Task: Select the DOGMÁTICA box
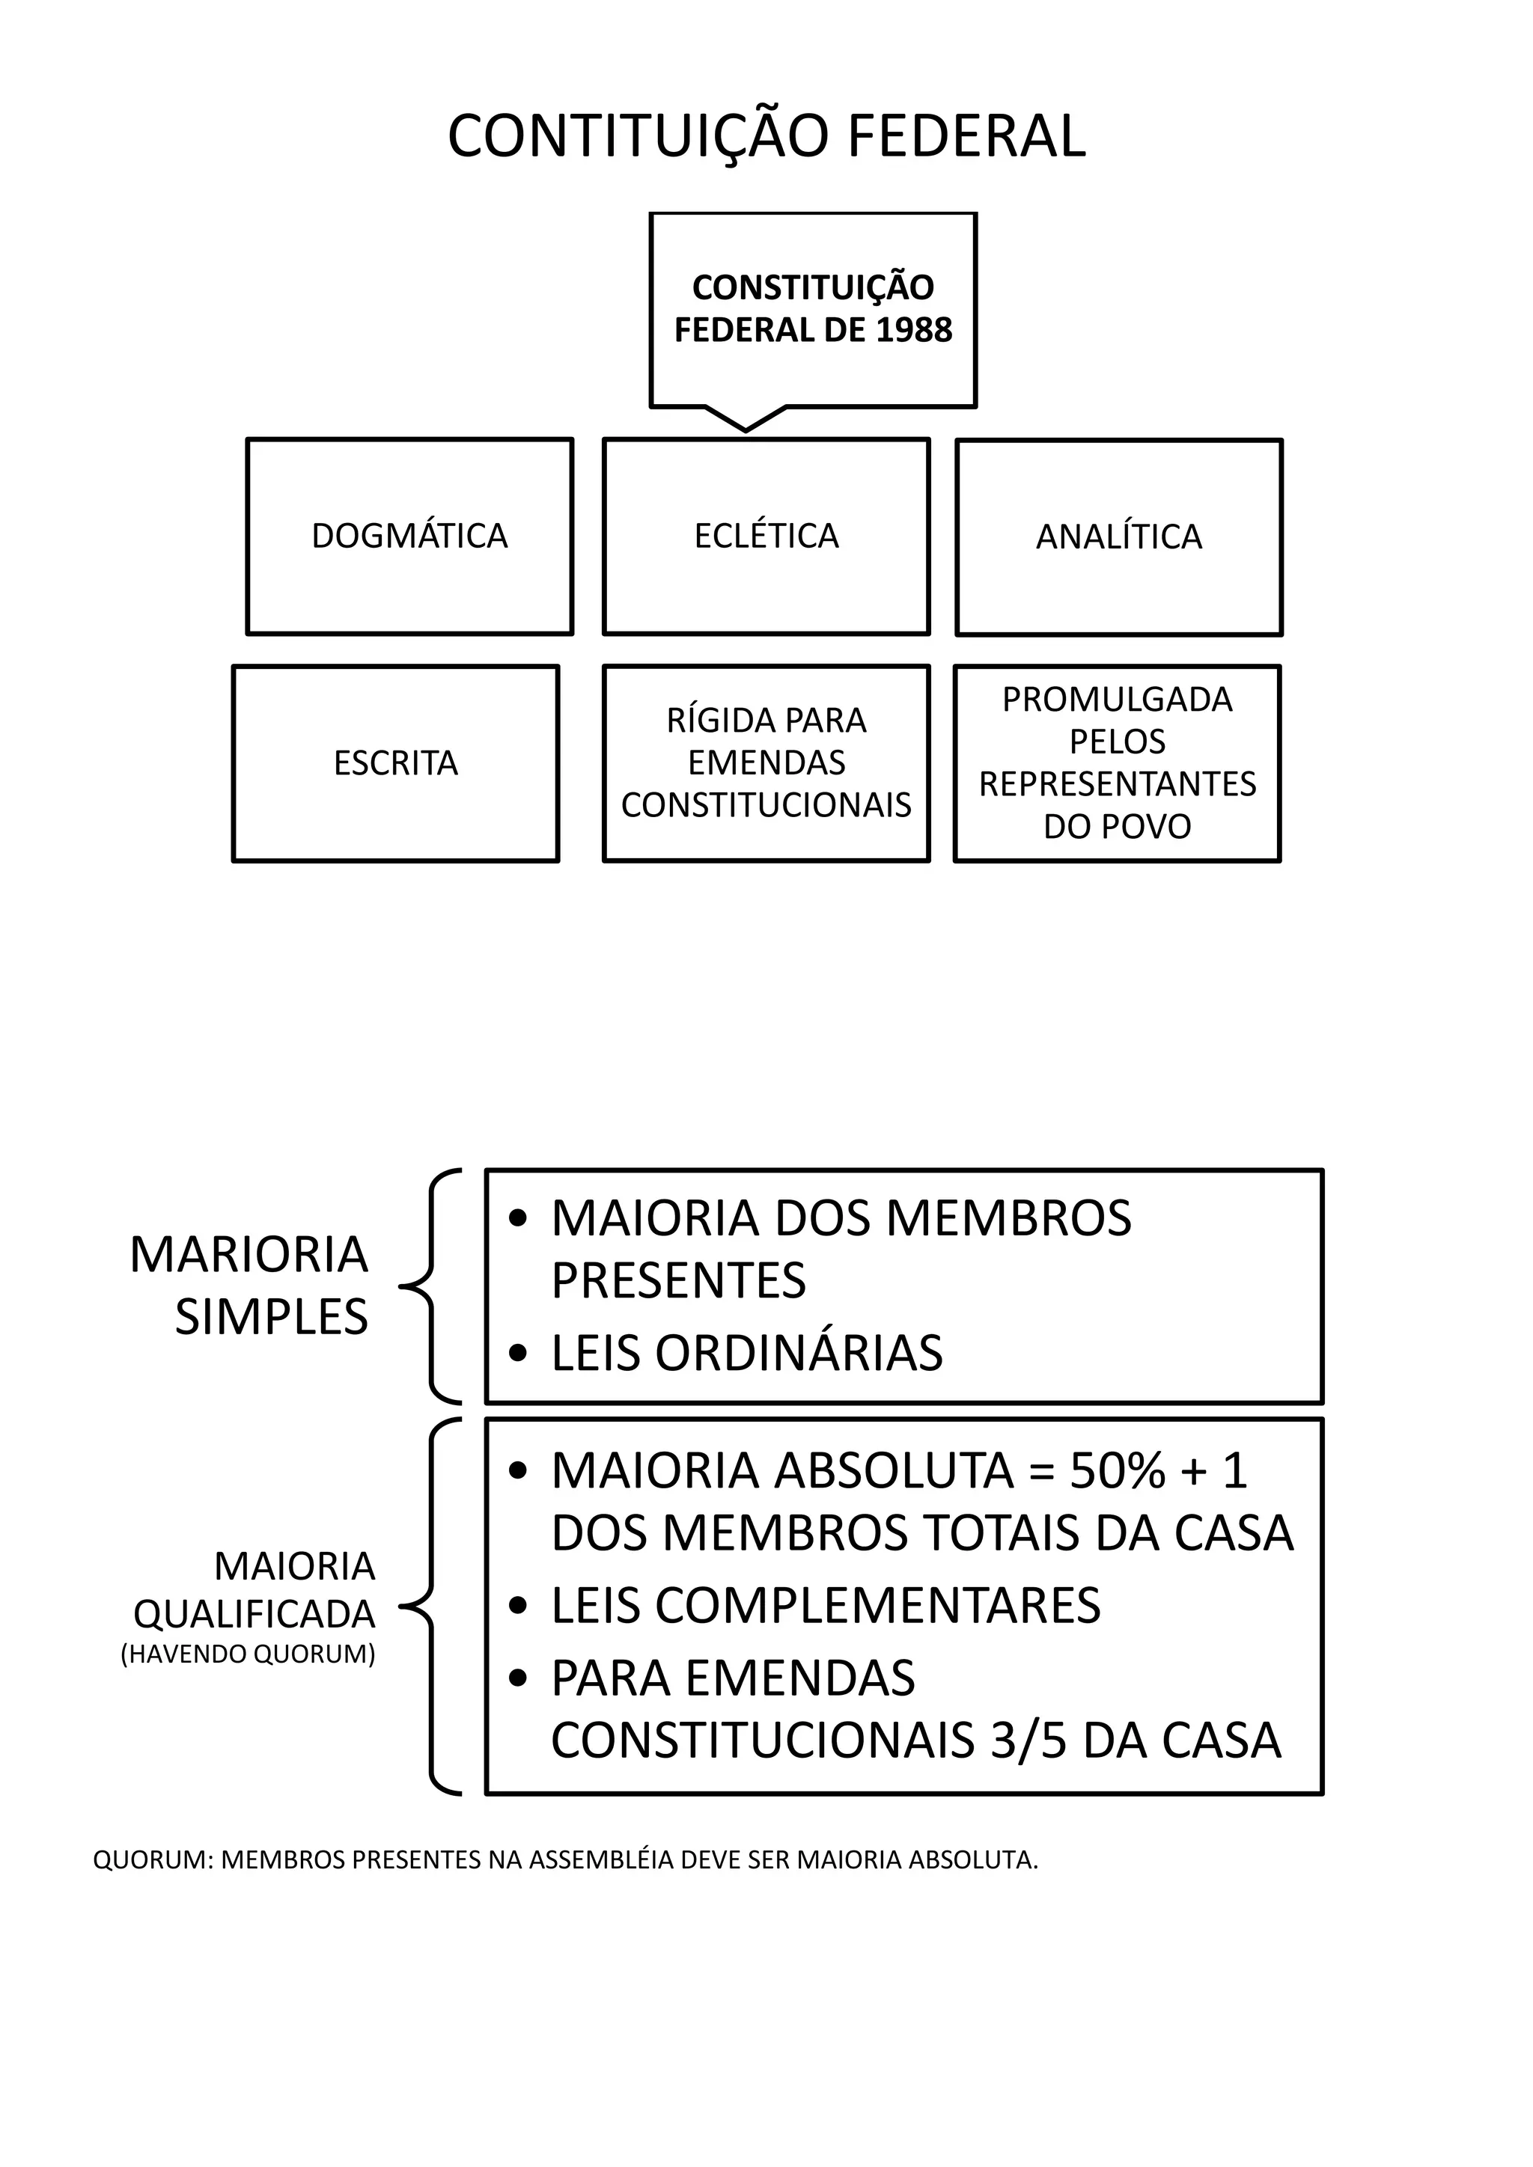(x=409, y=536)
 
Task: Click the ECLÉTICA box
(x=766, y=536)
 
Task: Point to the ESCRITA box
(x=395, y=762)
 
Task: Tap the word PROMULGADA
(x=1117, y=700)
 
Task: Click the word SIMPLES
(x=272, y=1317)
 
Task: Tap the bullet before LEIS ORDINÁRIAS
(x=516, y=1354)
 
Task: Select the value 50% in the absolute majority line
(x=1117, y=1470)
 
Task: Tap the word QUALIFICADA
(x=255, y=1615)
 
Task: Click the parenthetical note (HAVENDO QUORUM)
(x=249, y=1654)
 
